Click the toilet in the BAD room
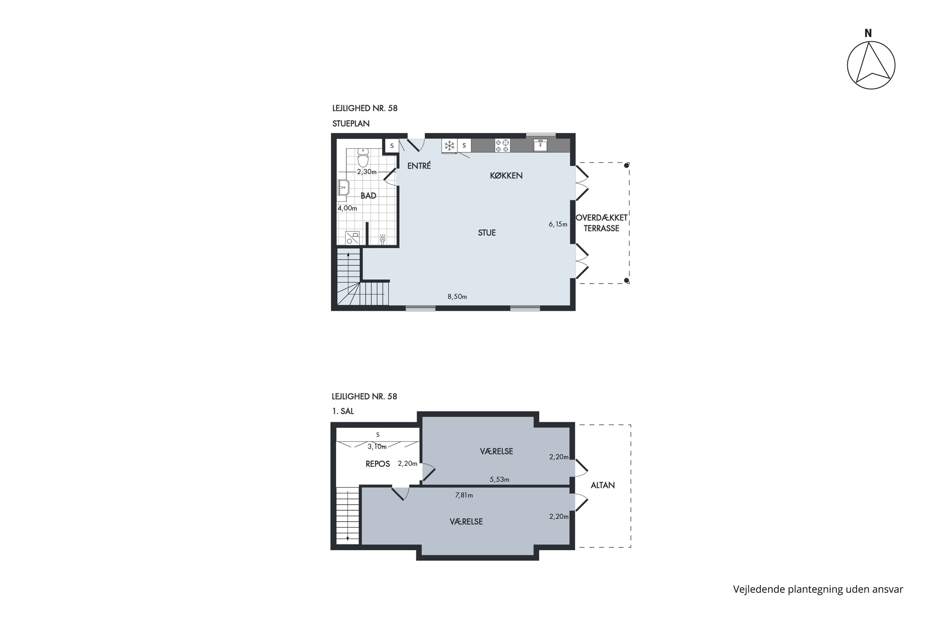[363, 158]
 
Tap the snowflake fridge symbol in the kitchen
[449, 145]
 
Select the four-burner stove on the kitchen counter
[502, 145]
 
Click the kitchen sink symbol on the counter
[540, 145]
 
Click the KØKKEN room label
[506, 176]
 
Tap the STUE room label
[487, 233]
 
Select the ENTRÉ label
[419, 166]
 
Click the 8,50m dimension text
[457, 297]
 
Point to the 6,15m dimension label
[558, 224]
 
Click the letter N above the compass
[868, 33]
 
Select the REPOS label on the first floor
[378, 464]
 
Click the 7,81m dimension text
[464, 495]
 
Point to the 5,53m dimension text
[499, 479]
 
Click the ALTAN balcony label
[603, 485]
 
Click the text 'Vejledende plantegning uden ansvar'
[818, 589]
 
